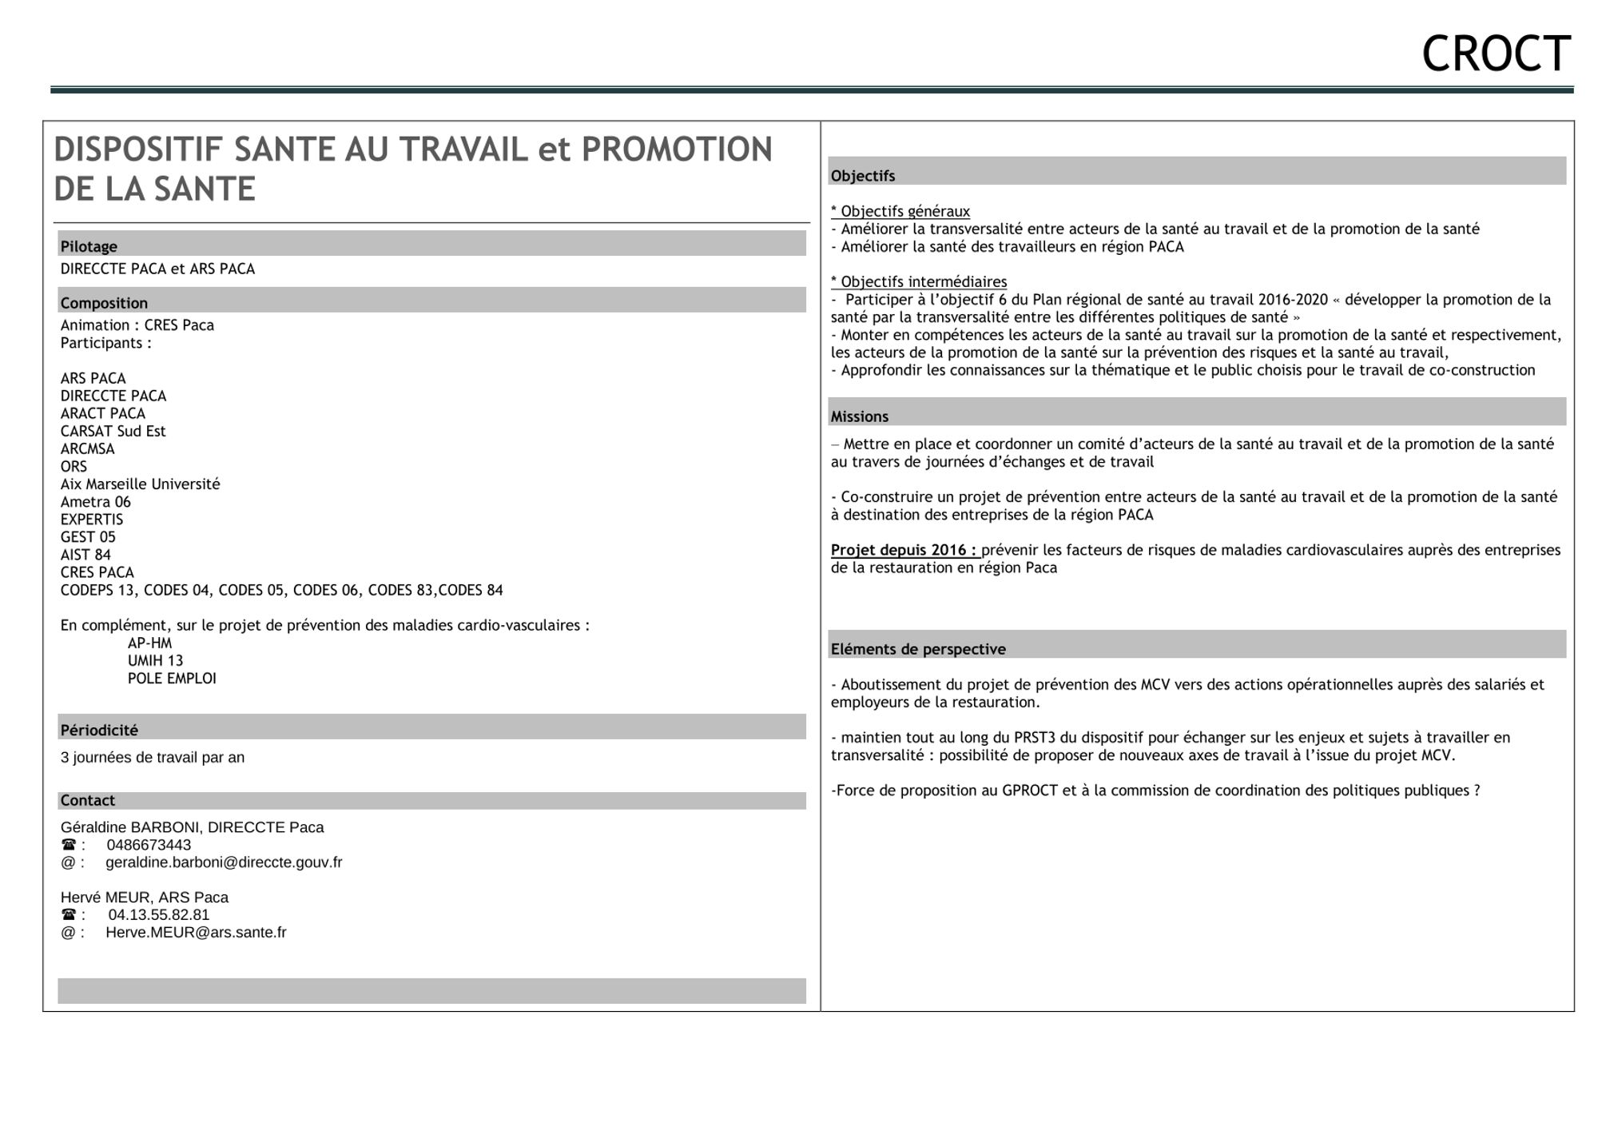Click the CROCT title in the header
pos(1496,54)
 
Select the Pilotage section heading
pos(89,247)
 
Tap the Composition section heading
pos(104,303)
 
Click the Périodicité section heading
pos(99,730)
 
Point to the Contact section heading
pos(88,800)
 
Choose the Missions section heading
pos(859,416)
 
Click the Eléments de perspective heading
pos(918,649)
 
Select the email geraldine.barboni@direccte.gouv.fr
pos(224,862)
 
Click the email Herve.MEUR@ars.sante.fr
pos(196,932)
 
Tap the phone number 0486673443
pos(149,845)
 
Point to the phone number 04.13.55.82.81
pos(159,914)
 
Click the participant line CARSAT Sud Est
pos(113,431)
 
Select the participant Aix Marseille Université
pos(140,484)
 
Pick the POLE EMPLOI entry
pos(172,678)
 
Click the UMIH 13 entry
pos(155,660)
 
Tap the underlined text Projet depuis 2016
pos(903,550)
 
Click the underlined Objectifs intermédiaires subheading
pos(919,281)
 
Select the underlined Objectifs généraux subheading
pos(900,211)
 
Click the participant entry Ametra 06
pos(95,502)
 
